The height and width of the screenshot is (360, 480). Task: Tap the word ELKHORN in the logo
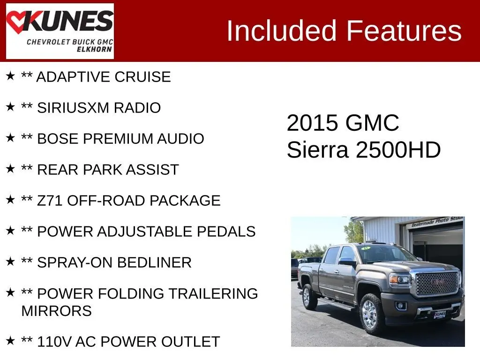(94, 49)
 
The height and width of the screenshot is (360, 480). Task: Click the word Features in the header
(404, 30)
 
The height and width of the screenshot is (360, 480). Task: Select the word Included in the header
(282, 30)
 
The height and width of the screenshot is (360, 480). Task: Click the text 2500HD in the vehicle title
(398, 150)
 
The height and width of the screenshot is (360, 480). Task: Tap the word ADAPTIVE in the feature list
(73, 77)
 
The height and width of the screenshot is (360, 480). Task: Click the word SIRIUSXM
(73, 108)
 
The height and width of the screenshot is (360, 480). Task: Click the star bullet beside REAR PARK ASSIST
(10, 169)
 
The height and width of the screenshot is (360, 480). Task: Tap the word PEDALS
(226, 232)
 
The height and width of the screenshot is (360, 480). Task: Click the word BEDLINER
(154, 262)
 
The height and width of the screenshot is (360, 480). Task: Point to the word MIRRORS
(57, 311)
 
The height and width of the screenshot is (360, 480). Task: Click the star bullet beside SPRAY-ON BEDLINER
(10, 262)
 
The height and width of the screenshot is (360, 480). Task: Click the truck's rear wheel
(309, 296)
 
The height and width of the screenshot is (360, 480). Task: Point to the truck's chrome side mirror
(347, 262)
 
